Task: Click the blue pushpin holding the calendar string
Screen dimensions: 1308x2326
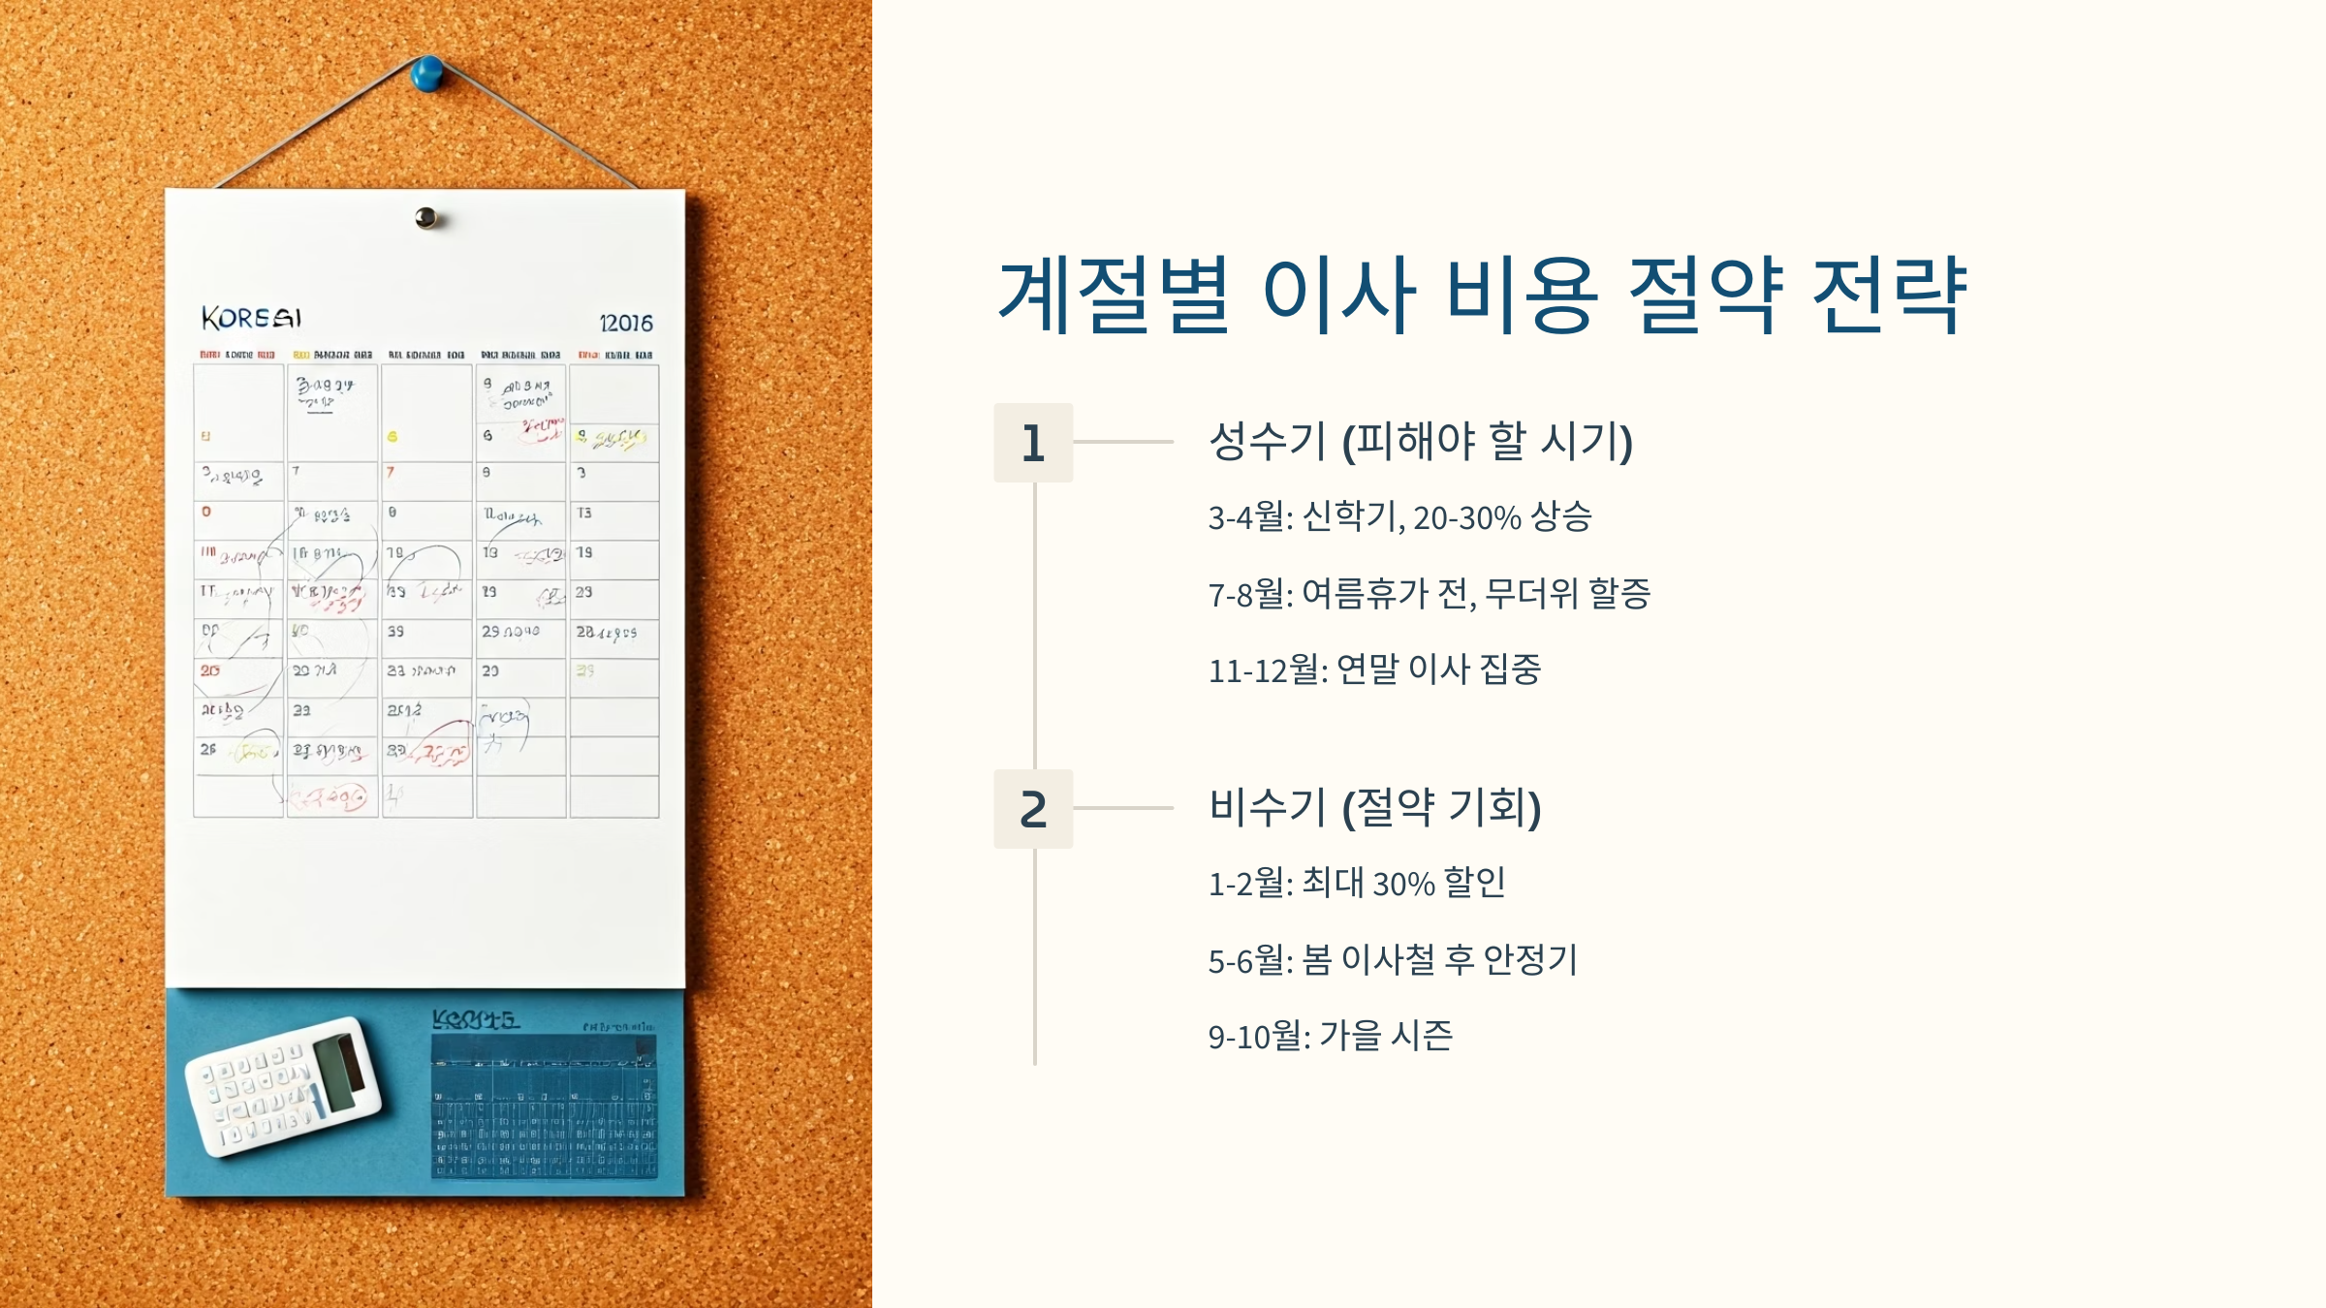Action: [426, 74]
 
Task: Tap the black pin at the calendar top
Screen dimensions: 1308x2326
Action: [425, 218]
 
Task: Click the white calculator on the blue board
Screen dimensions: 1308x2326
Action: [283, 1085]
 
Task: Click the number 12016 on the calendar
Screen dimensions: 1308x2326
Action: [626, 324]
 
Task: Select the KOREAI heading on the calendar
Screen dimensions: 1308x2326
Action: [251, 318]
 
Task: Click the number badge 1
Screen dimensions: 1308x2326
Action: [1033, 443]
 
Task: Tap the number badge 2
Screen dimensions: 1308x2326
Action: [1033, 809]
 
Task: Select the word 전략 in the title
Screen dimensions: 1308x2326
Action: [1890, 295]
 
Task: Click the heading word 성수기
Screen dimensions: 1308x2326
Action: [1267, 442]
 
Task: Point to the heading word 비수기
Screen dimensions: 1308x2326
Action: [1267, 807]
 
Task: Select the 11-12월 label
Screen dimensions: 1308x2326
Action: [1268, 670]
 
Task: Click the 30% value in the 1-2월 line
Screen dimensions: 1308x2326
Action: [1403, 884]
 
